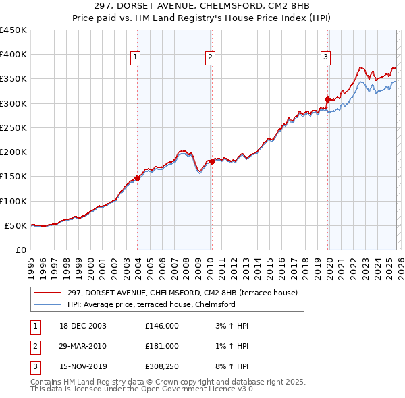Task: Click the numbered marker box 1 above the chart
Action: (x=136, y=58)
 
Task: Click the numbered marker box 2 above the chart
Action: (x=211, y=58)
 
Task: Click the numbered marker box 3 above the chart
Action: (x=325, y=58)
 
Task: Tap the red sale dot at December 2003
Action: (x=138, y=178)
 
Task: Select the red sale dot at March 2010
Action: (x=212, y=161)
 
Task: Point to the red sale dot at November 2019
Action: (x=327, y=99)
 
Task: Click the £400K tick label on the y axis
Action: (x=13, y=55)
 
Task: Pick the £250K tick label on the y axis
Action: (x=13, y=127)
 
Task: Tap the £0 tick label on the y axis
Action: (x=20, y=250)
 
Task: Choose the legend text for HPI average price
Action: (x=151, y=304)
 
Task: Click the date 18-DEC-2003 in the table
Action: (x=83, y=326)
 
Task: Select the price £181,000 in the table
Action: (x=161, y=346)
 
